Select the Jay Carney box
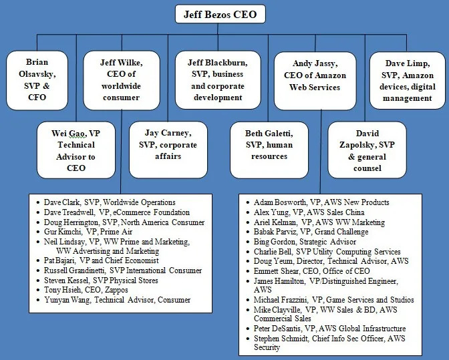(167, 143)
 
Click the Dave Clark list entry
(109, 202)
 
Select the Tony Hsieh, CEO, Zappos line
(92, 290)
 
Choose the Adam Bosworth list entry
(321, 202)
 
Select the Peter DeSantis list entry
(329, 329)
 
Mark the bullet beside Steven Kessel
(38, 281)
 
